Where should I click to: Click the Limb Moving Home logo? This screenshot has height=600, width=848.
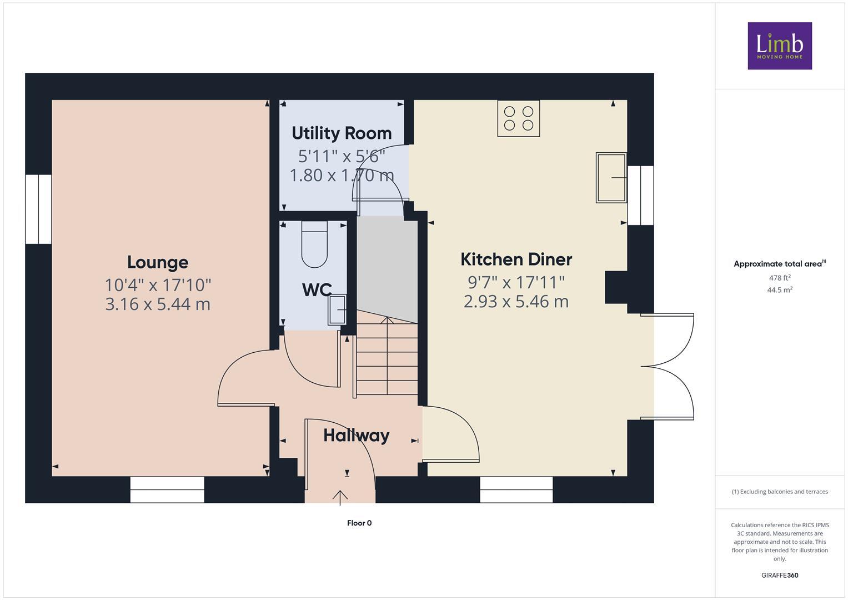click(x=779, y=46)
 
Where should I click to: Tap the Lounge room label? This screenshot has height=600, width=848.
click(x=158, y=262)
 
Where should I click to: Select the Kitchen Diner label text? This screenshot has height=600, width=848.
click(x=516, y=259)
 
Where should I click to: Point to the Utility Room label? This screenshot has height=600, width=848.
click(x=342, y=133)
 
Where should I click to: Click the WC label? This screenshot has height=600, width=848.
click(x=317, y=289)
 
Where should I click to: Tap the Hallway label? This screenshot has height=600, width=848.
click(x=356, y=435)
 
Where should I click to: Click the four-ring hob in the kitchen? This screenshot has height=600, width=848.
click(x=518, y=118)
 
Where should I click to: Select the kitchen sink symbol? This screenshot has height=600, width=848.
click(x=611, y=177)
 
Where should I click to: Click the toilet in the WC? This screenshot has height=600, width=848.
click(x=315, y=244)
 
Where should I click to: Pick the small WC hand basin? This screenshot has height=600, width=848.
click(x=337, y=309)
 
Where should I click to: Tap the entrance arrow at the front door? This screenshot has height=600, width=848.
click(x=340, y=497)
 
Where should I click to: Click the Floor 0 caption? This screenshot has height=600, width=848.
click(x=359, y=523)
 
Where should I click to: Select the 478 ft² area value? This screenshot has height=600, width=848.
click(x=779, y=278)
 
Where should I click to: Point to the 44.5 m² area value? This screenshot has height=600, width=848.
click(x=779, y=290)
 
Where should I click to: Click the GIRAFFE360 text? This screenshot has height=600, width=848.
click(x=779, y=575)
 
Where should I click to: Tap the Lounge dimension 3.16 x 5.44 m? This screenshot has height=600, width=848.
click(x=158, y=304)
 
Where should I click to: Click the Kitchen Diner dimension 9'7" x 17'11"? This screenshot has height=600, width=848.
click(x=516, y=282)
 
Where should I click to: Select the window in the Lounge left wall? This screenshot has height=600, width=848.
click(x=38, y=209)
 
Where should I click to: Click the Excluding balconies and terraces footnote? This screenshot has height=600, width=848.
click(x=779, y=492)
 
